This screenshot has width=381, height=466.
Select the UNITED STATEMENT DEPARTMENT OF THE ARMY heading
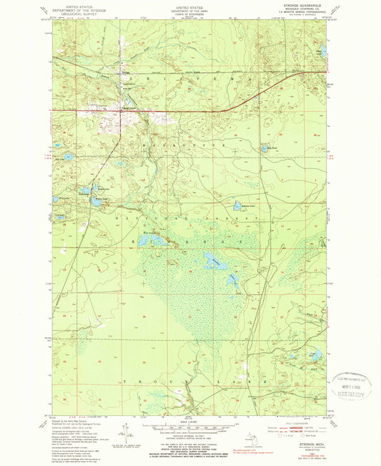pyautogui.click(x=189, y=7)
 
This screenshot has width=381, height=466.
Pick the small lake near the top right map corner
pyautogui.click(x=322, y=52)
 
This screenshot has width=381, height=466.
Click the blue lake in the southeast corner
pyautogui.click(x=315, y=354)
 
